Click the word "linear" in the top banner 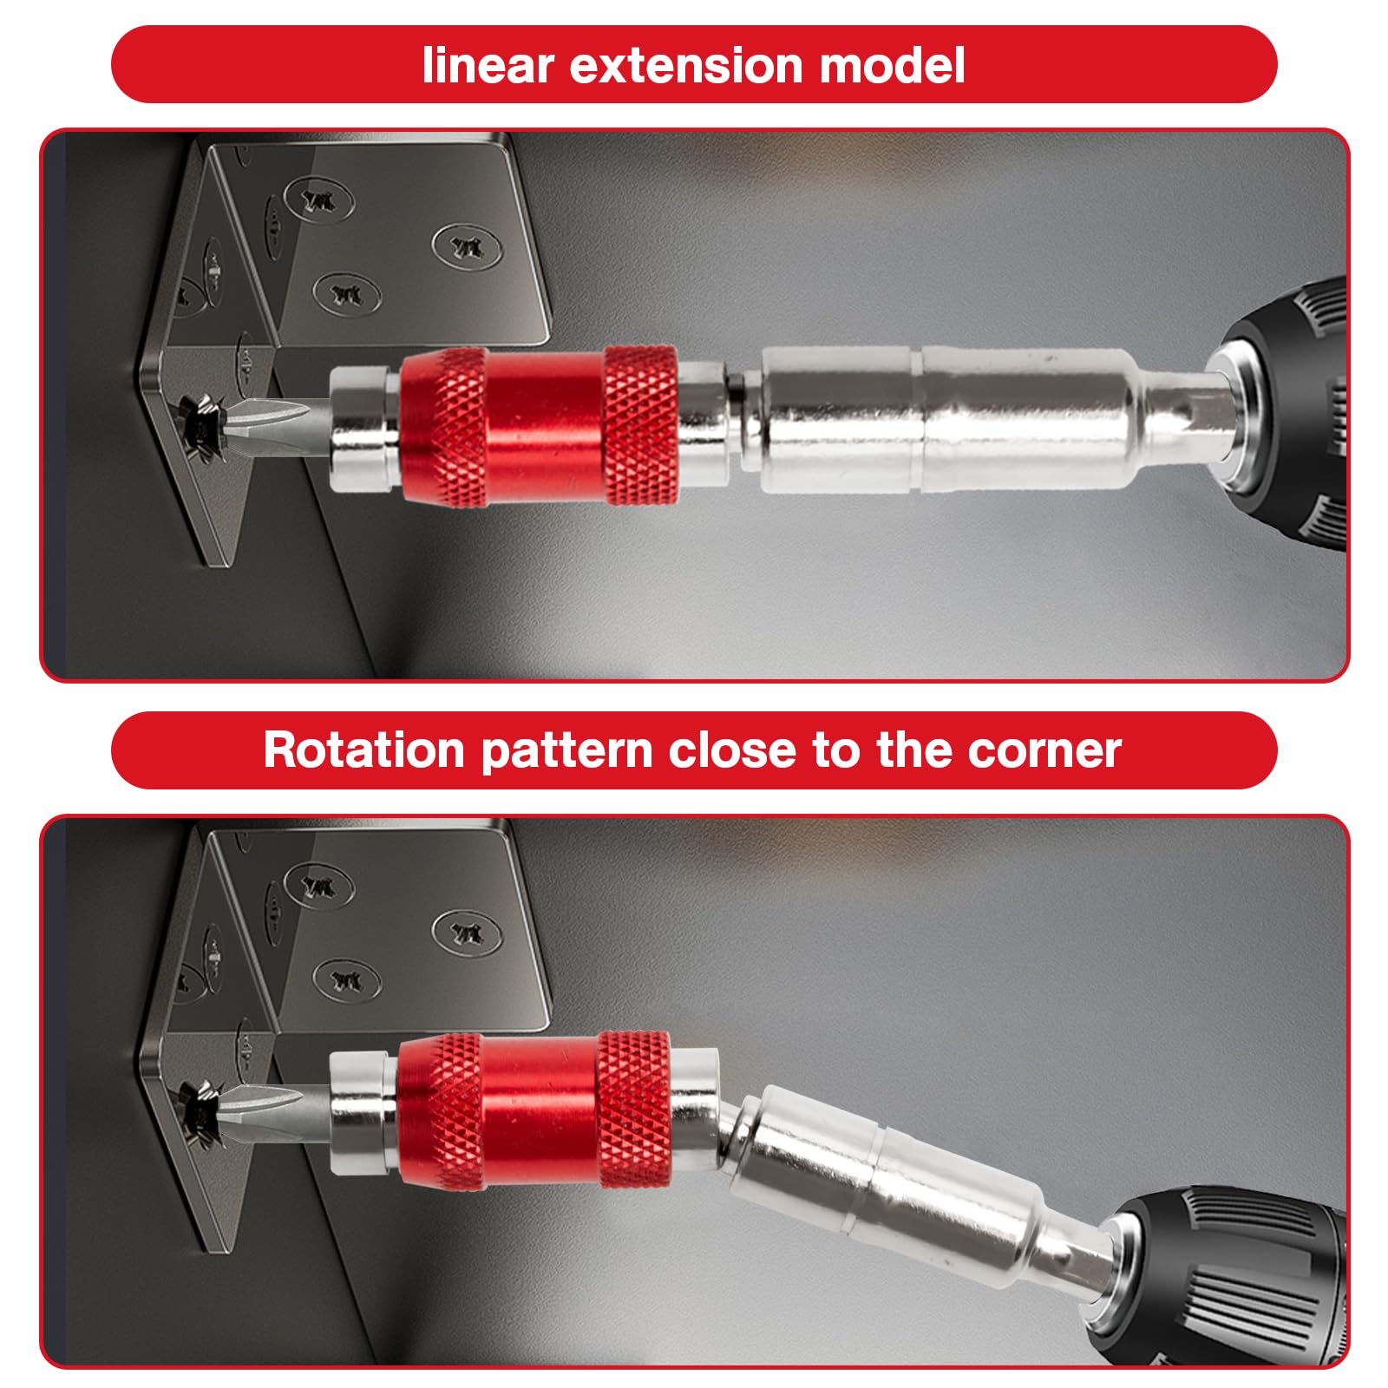[x=486, y=65]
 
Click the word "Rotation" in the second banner [x=364, y=750]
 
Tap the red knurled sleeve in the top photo [x=538, y=425]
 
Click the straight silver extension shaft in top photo [x=946, y=420]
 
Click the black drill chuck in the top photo [x=1284, y=416]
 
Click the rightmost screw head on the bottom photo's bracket [x=467, y=933]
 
